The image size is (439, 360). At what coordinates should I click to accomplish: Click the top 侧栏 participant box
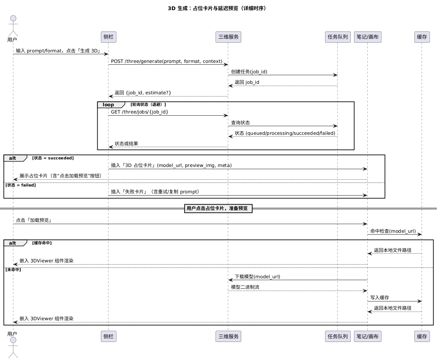coord(108,37)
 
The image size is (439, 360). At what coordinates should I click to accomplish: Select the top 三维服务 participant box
coord(228,37)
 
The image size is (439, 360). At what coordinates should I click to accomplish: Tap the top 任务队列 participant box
coord(338,37)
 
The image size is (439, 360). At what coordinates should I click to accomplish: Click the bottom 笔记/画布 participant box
coord(367,336)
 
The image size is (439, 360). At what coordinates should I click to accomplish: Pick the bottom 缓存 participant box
coord(422,336)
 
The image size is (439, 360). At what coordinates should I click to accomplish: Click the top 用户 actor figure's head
coord(13,19)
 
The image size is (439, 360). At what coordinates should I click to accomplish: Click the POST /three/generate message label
coord(167,61)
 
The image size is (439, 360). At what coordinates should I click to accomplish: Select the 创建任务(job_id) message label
coord(249,72)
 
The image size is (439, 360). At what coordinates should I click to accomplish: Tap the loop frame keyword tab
coord(108,105)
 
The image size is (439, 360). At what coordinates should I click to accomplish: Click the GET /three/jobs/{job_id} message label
coord(140,112)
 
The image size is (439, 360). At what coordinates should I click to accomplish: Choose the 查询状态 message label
coord(240,123)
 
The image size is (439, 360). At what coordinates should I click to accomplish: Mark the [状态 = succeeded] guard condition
coord(53,158)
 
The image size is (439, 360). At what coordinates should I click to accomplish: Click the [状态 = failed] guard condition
coord(21,185)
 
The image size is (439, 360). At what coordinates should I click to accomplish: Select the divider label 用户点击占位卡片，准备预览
coord(218,209)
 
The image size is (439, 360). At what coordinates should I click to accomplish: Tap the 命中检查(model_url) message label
coord(393,231)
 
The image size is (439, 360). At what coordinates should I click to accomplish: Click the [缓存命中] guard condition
coord(42,243)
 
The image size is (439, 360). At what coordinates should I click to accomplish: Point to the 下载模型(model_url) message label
coord(257,277)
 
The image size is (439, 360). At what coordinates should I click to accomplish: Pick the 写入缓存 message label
coord(380,298)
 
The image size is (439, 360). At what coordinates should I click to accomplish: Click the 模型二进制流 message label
coord(245,287)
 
